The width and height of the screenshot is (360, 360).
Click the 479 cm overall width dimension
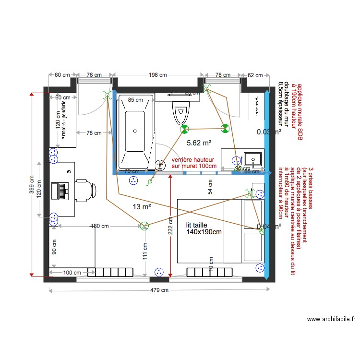pyautogui.click(x=158, y=290)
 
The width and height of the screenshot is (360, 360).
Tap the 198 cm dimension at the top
pyautogui.click(x=157, y=75)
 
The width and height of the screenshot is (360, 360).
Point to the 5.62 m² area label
pyautogui.click(x=199, y=143)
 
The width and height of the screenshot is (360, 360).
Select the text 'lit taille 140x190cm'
pyautogui.click(x=204, y=228)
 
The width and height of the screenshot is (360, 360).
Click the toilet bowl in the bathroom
pyautogui.click(x=180, y=114)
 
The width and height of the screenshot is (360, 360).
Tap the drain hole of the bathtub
pyautogui.click(x=135, y=130)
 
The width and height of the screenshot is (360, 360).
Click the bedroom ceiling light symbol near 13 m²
pyautogui.click(x=144, y=225)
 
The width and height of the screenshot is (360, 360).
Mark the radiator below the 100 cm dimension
pyautogui.click(x=110, y=272)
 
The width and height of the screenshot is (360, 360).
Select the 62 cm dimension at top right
pyautogui.click(x=255, y=75)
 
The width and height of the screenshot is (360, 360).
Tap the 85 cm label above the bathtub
pyautogui.click(x=135, y=100)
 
